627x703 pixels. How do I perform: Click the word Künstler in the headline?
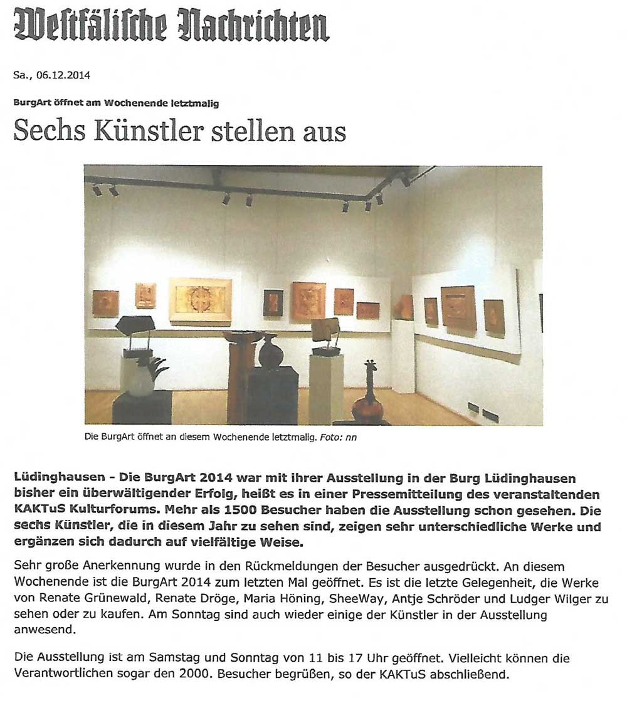coord(133,131)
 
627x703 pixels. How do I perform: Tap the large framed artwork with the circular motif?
coord(201,300)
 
